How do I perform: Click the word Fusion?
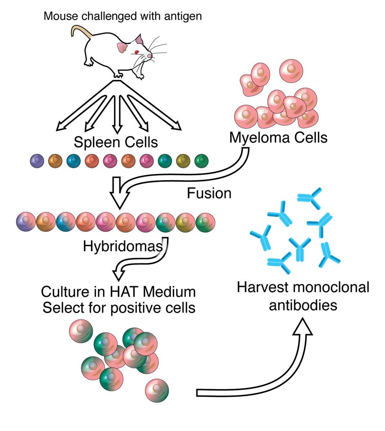tap(209, 193)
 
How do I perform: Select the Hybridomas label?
tap(122, 246)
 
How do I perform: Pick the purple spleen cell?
tap(37, 161)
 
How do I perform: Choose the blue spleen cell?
tap(73, 161)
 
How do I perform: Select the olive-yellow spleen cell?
tap(183, 161)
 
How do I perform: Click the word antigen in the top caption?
tap(183, 16)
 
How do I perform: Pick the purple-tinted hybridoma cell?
tap(26, 222)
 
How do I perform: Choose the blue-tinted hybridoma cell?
tap(66, 222)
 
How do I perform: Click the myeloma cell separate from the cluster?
tap(291, 70)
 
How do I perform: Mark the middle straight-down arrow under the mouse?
tap(117, 114)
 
